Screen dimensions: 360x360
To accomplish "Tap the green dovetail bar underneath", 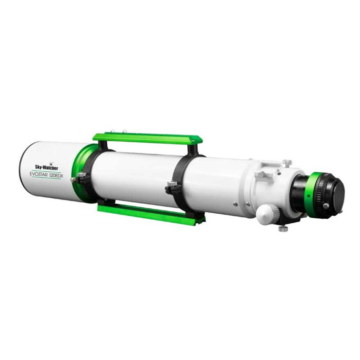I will (150, 213).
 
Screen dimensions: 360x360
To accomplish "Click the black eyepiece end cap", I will (338, 194).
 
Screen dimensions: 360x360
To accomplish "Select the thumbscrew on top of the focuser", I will (286, 162).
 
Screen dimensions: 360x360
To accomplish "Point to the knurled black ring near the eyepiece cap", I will (326, 194).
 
